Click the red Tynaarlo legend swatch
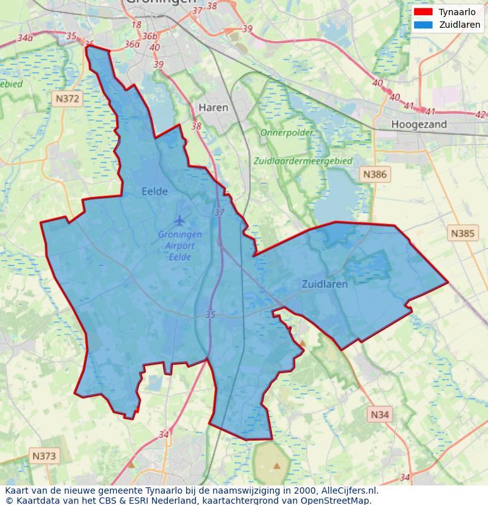click(x=423, y=12)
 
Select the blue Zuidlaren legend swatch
click(x=423, y=25)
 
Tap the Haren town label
click(x=213, y=108)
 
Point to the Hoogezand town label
click(x=419, y=124)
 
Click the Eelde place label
click(x=155, y=191)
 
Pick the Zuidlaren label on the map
click(x=324, y=284)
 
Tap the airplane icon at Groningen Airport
click(x=180, y=220)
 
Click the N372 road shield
click(x=68, y=98)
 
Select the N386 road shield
click(x=375, y=174)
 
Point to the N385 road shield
click(x=462, y=234)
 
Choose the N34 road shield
click(x=379, y=414)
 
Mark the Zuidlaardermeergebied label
click(x=302, y=161)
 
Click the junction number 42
click(x=480, y=114)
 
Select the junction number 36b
click(x=150, y=36)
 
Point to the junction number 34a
click(x=25, y=38)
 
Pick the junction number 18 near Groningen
click(x=136, y=25)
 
